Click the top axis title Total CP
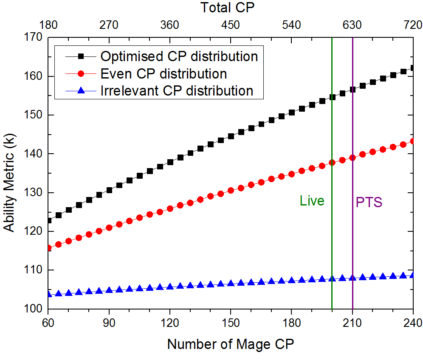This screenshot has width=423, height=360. tap(230, 7)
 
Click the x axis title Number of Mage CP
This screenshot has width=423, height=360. tap(230, 343)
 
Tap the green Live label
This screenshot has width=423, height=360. tap(312, 201)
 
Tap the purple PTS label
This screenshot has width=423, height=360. tap(369, 202)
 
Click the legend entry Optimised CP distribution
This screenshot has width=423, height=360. tap(179, 56)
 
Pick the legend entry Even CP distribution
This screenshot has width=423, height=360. tap(164, 73)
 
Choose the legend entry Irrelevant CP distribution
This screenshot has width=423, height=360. tap(177, 90)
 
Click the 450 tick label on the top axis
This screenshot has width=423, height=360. tap(230, 25)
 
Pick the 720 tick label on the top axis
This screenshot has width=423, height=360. tap(412, 25)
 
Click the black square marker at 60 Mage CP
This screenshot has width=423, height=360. tap(48, 220)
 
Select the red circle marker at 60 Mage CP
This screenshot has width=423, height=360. tap(48, 248)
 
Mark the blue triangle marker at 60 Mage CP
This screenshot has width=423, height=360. tap(48, 294)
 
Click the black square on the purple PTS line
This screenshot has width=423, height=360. tap(352, 89)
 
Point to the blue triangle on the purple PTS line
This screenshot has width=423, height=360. tap(352, 278)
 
